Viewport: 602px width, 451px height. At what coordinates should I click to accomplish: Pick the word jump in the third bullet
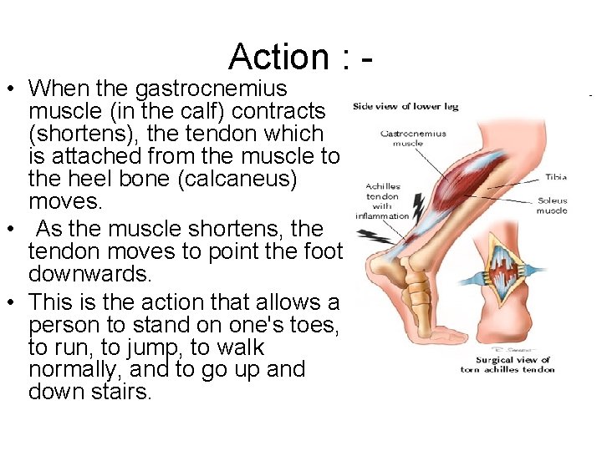[154, 347]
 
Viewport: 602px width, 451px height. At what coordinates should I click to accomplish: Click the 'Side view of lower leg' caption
[405, 106]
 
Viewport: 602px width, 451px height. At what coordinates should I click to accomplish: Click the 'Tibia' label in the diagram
[556, 177]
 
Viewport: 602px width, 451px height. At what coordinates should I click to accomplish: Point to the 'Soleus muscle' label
[551, 205]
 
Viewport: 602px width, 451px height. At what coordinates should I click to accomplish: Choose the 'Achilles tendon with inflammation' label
[381, 201]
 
